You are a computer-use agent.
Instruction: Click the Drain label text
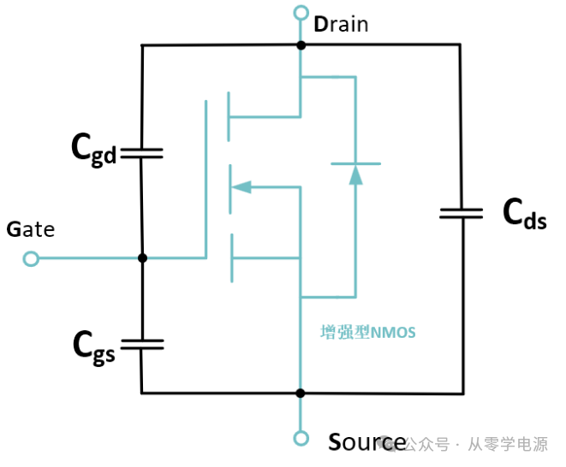point(341,24)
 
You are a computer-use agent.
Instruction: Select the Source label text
point(367,442)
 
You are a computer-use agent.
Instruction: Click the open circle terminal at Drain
point(301,12)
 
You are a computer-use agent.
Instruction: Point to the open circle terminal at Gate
point(32,257)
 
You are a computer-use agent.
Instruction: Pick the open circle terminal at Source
point(301,439)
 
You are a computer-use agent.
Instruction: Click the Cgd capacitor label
point(92,151)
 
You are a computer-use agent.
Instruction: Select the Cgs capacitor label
point(92,346)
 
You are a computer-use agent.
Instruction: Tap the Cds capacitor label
point(523,213)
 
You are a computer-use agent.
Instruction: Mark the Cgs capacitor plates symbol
point(142,344)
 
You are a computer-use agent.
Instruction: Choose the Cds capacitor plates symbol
point(461,211)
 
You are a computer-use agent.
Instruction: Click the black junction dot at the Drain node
point(301,44)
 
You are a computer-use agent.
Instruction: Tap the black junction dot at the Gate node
point(142,257)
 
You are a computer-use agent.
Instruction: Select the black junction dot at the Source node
point(301,393)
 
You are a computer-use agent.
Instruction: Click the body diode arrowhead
point(355,174)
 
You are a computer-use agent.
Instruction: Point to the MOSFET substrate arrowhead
point(241,186)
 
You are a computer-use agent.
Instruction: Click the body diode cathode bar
point(355,163)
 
